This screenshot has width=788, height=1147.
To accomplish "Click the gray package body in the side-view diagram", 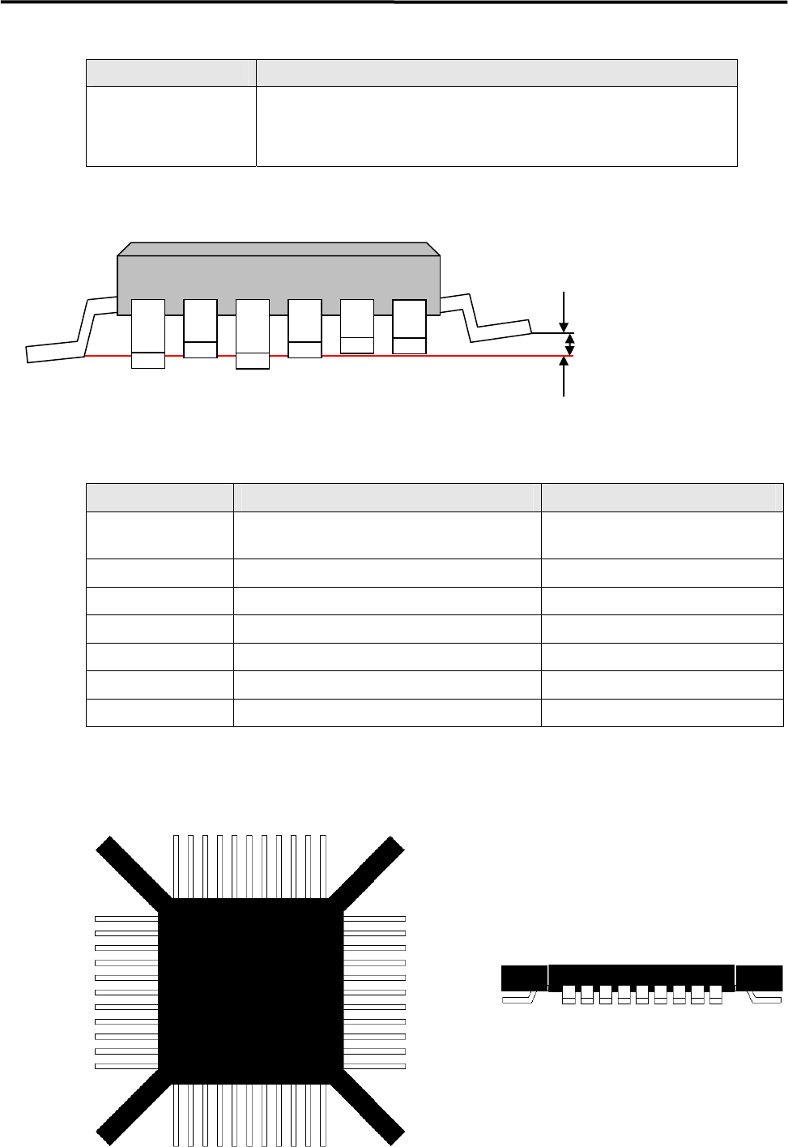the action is tap(278, 276).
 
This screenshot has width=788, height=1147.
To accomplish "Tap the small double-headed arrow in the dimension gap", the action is tap(570, 345).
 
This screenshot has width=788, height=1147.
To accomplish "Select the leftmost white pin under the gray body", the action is tap(148, 332).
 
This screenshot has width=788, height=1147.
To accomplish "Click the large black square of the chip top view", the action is tap(250, 989).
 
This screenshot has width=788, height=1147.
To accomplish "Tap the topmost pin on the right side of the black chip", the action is tap(374, 918).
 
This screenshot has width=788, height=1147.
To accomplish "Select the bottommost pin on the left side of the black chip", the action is tap(126, 1066).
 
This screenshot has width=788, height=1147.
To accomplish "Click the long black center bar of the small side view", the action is tap(641, 975).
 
